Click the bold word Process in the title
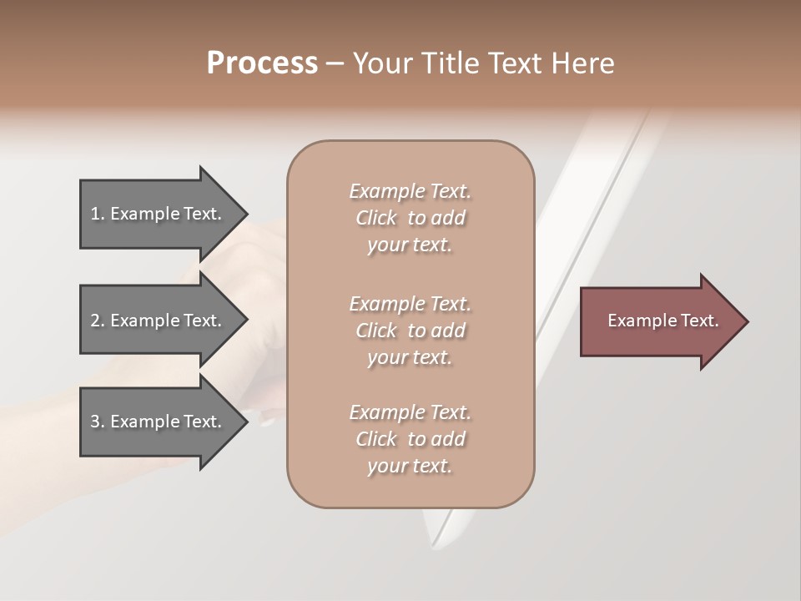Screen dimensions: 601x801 [262, 63]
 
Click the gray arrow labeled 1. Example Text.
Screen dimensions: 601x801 [159, 214]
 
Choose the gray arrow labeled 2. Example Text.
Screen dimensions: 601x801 [159, 321]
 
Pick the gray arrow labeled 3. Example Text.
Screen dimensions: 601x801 [159, 422]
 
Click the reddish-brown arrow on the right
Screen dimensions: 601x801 [659, 321]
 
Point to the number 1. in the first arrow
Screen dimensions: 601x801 [98, 214]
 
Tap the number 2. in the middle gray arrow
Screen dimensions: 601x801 [98, 321]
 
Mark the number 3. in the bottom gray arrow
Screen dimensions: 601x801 [98, 422]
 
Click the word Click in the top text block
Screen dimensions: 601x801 [376, 218]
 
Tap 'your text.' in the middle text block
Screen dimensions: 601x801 [410, 357]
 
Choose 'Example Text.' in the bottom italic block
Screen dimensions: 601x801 [410, 412]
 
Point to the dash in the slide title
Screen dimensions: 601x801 [335, 63]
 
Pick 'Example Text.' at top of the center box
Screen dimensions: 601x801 [410, 191]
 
